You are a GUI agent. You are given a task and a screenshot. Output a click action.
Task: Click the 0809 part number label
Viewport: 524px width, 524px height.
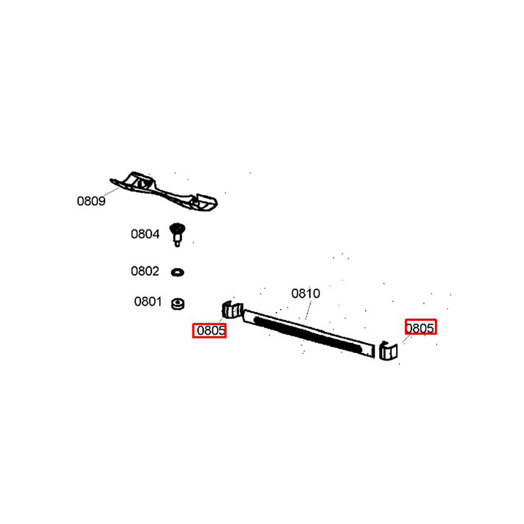[91, 201]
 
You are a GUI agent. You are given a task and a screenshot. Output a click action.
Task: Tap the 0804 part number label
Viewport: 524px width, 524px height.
[145, 234]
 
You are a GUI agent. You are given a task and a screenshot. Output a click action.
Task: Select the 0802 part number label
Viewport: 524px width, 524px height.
[145, 271]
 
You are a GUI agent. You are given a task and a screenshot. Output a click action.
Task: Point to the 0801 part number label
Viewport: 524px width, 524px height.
[148, 302]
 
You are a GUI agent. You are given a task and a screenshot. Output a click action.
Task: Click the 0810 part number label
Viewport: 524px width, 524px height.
[306, 294]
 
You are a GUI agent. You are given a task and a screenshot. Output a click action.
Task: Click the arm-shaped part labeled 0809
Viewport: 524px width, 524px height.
[163, 192]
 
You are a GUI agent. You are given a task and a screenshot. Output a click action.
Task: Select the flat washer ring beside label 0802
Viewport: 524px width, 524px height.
[178, 272]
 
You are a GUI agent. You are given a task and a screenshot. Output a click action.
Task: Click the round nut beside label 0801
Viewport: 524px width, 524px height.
[178, 304]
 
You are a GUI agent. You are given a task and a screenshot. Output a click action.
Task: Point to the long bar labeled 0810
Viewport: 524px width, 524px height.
[308, 334]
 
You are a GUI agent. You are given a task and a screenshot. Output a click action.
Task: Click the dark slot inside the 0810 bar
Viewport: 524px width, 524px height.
[308, 335]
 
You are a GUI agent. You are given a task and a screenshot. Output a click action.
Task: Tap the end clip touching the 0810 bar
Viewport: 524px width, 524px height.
[232, 310]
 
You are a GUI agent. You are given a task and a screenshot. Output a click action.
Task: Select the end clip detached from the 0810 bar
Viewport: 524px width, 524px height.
[388, 351]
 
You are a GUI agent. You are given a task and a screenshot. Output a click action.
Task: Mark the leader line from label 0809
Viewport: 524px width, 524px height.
[111, 192]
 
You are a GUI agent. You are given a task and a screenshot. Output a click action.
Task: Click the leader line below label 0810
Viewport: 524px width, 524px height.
[309, 310]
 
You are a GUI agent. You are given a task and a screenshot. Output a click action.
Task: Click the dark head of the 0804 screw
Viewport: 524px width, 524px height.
[177, 229]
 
